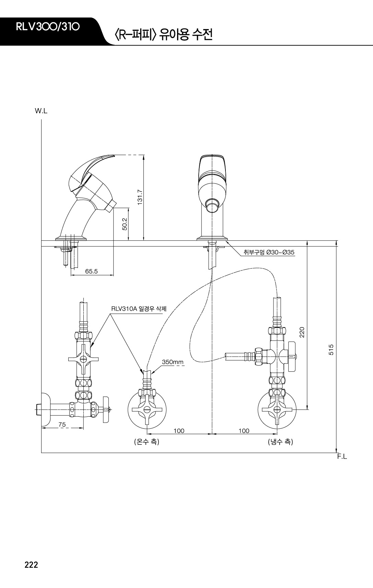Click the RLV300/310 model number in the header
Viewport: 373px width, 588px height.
pos(48,27)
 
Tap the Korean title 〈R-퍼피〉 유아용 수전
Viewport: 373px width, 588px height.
pos(163,35)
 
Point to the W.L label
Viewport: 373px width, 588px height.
pos(41,111)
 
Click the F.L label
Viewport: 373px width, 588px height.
pos(342,457)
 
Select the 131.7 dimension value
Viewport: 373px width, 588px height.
pos(140,197)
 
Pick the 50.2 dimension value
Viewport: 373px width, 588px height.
pos(125,224)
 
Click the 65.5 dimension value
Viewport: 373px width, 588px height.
pos(91,272)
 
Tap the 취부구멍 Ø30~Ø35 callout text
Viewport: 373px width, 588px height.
pos(269,252)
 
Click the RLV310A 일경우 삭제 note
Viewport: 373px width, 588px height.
pos(139,309)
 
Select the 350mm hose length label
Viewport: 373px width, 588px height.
pos(173,362)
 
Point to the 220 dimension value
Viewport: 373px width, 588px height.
pos(302,332)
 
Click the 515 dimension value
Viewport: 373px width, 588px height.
pos(331,350)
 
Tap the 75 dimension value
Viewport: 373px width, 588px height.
pos(62,425)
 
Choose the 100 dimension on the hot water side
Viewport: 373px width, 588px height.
pos(179,431)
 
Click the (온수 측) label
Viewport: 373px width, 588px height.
pos(147,442)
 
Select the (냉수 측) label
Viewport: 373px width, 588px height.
pos(280,442)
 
